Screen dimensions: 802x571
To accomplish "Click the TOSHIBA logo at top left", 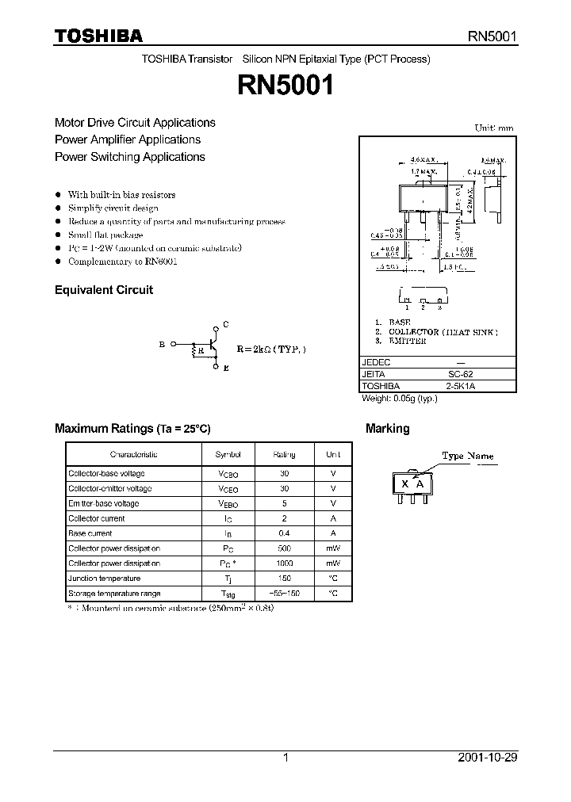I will (x=98, y=36).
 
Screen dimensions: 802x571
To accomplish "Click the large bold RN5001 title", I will (x=285, y=86).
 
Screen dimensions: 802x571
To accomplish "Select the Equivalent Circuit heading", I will (x=104, y=290).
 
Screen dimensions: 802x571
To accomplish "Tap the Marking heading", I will (x=387, y=429).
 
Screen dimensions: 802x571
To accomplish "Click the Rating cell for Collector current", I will (x=284, y=518).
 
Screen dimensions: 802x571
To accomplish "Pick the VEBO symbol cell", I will (x=228, y=504).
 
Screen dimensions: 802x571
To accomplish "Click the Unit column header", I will (x=333, y=455).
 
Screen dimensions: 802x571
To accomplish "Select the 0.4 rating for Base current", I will (x=284, y=533).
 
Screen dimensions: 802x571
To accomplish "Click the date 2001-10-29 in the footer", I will (x=488, y=758).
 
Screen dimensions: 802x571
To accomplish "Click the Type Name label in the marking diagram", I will (x=467, y=456).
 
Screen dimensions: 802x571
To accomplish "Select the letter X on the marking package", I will (x=404, y=484).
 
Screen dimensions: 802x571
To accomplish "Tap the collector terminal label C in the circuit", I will (x=226, y=325).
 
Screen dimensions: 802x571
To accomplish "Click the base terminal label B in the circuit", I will (x=162, y=344).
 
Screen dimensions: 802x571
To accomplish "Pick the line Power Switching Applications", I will (x=130, y=157).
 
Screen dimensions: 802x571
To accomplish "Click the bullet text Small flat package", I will (x=105, y=235).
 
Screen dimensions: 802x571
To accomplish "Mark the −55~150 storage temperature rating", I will (x=284, y=593).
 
